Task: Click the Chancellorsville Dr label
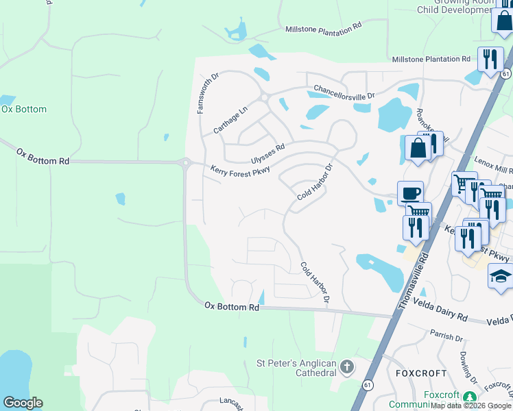pyautogui.click(x=345, y=92)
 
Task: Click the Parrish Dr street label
pyautogui.click(x=447, y=336)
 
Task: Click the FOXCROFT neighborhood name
pyautogui.click(x=421, y=373)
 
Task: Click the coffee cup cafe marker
pyautogui.click(x=410, y=193)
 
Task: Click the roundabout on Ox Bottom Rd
pyautogui.click(x=185, y=163)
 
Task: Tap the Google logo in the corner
pyautogui.click(x=23, y=403)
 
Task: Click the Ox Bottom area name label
pyautogui.click(x=24, y=110)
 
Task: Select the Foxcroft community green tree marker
pyautogui.click(x=469, y=397)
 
